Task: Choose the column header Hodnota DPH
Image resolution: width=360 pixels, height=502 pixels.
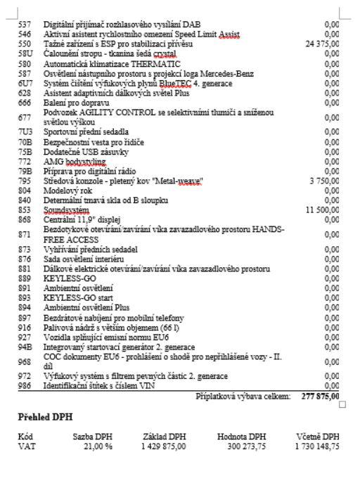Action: (242, 437)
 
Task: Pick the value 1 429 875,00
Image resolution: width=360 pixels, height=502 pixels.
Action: (162, 445)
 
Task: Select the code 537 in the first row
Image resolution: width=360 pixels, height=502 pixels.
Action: (23, 24)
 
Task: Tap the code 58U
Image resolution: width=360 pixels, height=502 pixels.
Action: (24, 53)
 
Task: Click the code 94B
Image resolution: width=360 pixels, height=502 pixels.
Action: (24, 347)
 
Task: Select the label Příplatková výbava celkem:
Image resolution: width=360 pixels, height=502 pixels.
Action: (243, 397)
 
